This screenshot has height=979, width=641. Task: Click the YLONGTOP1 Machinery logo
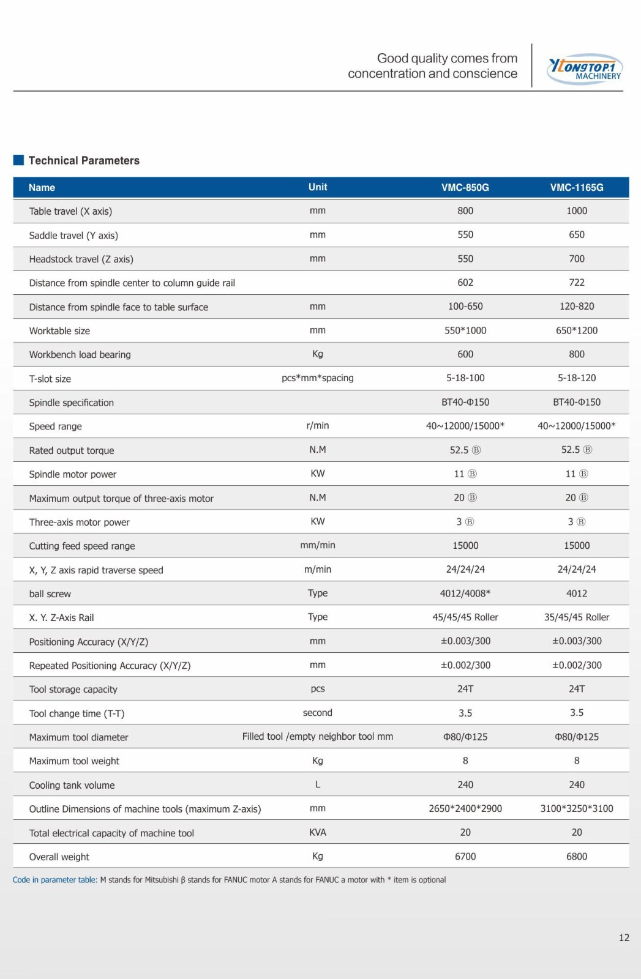pyautogui.click(x=585, y=69)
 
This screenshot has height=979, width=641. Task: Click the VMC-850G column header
pyautogui.click(x=465, y=187)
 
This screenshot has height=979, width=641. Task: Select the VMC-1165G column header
pyautogui.click(x=577, y=187)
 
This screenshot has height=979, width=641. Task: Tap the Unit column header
pyautogui.click(x=318, y=187)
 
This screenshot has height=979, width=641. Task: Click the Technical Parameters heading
pyautogui.click(x=84, y=160)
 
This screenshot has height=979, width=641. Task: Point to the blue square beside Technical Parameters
pyautogui.click(x=18, y=160)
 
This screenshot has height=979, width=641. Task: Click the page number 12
pyautogui.click(x=624, y=937)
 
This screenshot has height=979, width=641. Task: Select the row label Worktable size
pyautogui.click(x=59, y=331)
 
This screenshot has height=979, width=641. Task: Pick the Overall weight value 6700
pyautogui.click(x=465, y=856)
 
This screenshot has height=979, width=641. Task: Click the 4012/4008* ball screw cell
pyautogui.click(x=465, y=593)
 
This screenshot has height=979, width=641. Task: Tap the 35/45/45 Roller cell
pyautogui.click(x=577, y=617)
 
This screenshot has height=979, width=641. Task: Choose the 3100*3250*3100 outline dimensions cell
pyautogui.click(x=577, y=808)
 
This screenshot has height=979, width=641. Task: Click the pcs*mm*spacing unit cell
pyautogui.click(x=318, y=378)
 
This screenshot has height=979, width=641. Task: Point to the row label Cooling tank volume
pyautogui.click(x=72, y=785)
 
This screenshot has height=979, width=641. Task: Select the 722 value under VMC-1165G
pyautogui.click(x=577, y=282)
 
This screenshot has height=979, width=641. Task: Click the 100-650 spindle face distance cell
pyautogui.click(x=465, y=306)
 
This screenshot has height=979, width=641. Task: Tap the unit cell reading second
pyautogui.click(x=318, y=712)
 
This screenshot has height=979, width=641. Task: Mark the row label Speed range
pyautogui.click(x=55, y=426)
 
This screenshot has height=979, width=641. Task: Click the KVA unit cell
pyautogui.click(x=318, y=832)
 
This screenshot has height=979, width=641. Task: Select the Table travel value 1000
pyautogui.click(x=577, y=210)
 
